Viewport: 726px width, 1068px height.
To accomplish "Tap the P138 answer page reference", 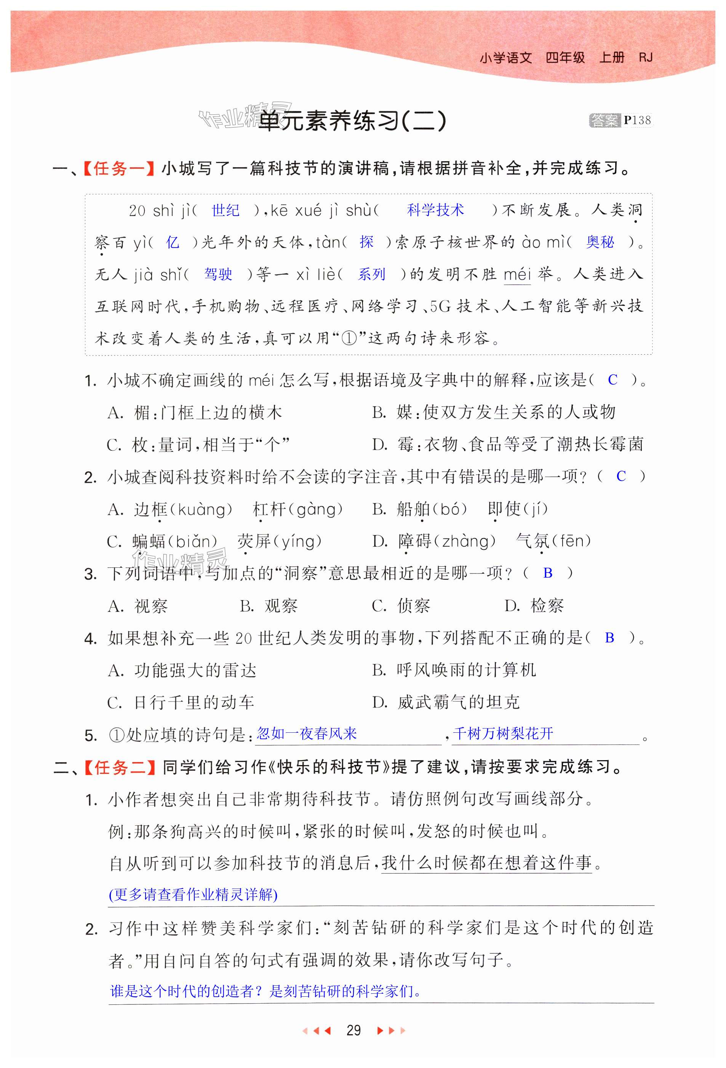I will click(x=637, y=120).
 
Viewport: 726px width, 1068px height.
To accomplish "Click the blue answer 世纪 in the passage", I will click(x=225, y=210).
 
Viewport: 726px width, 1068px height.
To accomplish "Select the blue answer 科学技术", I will click(x=435, y=210).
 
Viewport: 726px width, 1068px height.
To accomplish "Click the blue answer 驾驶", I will click(x=218, y=274).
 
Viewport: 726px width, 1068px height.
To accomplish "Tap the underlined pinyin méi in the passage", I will click(x=517, y=275).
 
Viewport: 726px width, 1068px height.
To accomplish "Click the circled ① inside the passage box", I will click(x=349, y=339).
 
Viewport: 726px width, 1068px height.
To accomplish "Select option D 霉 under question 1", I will click(x=507, y=444).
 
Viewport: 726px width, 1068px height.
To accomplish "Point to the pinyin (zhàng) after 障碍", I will click(x=468, y=541).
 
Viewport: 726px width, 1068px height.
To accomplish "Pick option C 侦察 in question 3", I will click(x=401, y=606).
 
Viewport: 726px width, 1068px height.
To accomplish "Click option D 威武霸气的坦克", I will click(x=446, y=702).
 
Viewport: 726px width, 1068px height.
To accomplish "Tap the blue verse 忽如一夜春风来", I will click(x=307, y=733).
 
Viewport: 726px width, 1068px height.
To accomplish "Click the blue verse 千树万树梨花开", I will click(x=503, y=733).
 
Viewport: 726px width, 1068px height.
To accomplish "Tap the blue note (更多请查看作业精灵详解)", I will click(x=193, y=895).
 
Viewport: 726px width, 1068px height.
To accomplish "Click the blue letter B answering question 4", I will click(x=609, y=638).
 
